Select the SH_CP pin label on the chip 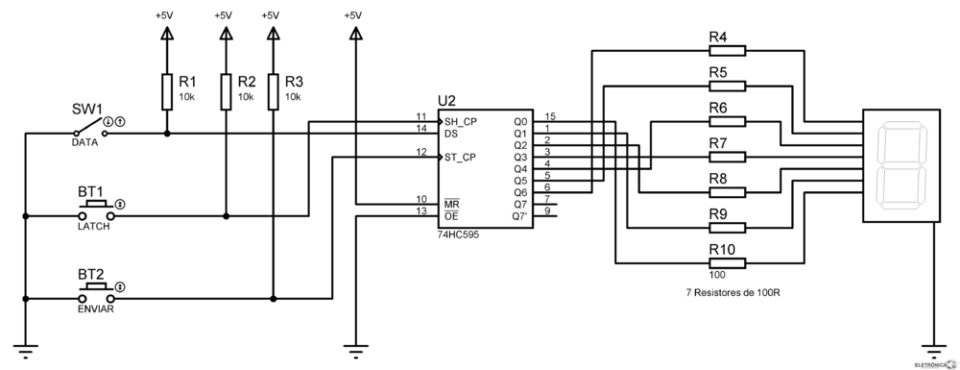coord(459,122)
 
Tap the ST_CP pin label coord(459,157)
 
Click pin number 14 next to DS coord(420,128)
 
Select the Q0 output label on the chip coord(519,122)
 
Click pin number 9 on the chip coord(547,210)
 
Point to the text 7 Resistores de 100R coord(733,292)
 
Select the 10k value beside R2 coord(247,97)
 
